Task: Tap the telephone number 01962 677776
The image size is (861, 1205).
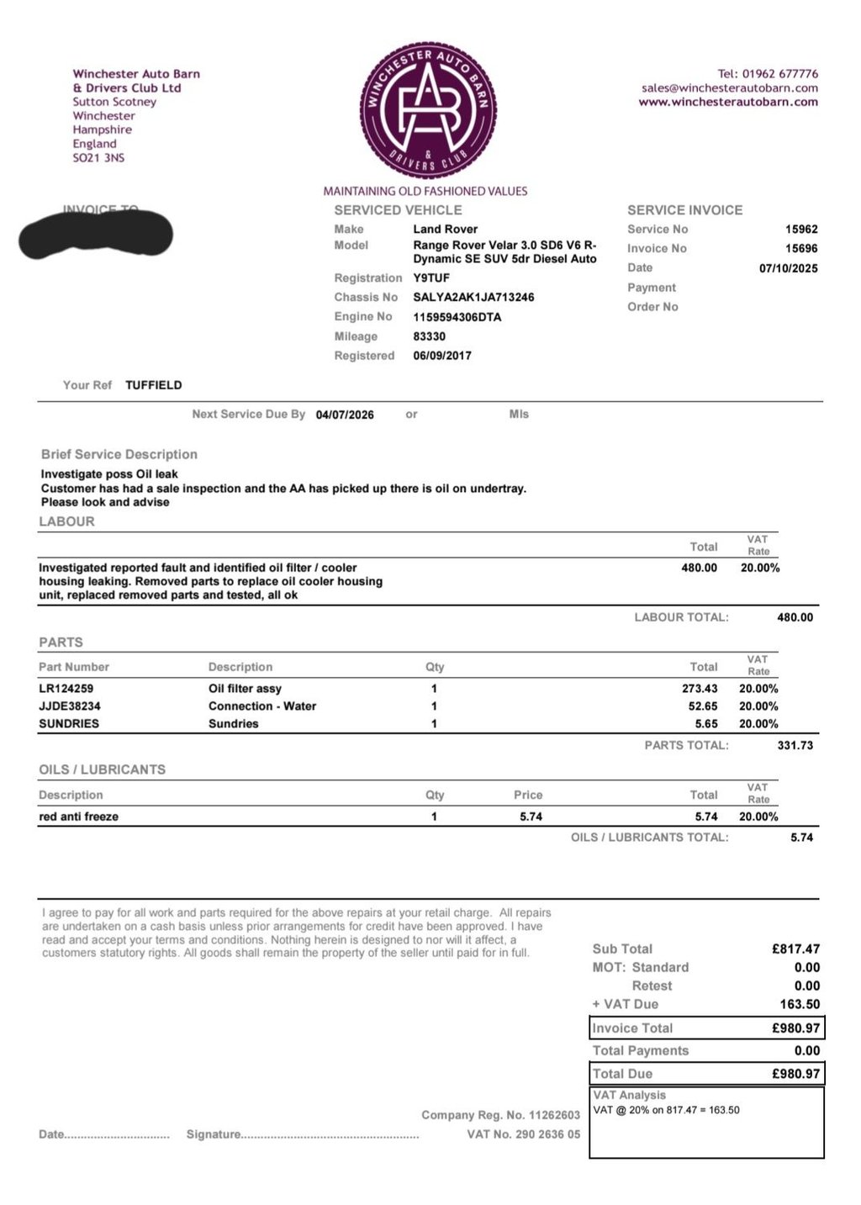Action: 779,74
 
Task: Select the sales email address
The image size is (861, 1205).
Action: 729,88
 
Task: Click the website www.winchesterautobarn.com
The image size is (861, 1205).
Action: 728,103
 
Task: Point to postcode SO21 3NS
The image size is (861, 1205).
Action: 98,158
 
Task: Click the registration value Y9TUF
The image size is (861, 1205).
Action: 431,278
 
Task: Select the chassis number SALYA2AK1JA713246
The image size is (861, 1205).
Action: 473,298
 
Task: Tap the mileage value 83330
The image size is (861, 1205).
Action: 429,336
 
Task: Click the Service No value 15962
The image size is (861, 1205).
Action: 801,230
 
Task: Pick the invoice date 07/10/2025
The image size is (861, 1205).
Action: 788,269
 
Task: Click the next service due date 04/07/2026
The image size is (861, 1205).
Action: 345,415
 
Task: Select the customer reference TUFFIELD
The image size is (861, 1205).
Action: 154,385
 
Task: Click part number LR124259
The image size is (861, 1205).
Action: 66,689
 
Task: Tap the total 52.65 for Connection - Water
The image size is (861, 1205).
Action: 703,706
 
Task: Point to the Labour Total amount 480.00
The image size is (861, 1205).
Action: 795,617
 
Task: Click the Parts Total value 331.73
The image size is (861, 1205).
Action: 795,745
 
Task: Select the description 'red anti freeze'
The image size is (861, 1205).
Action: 79,817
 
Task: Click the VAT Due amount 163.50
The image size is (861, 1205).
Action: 800,1004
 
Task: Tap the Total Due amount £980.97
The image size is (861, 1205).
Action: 795,1074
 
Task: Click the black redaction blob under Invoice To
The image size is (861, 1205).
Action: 96,235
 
